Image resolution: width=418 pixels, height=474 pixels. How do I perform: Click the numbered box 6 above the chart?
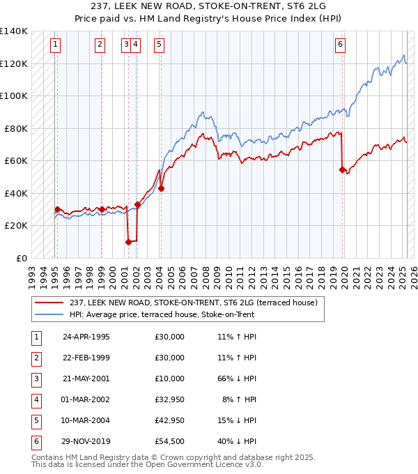340,45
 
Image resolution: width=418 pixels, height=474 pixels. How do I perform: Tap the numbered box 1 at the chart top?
55,45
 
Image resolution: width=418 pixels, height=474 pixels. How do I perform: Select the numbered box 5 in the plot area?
160,45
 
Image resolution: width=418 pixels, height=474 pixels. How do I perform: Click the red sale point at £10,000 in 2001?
128,242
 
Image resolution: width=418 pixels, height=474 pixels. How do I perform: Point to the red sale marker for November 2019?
342,169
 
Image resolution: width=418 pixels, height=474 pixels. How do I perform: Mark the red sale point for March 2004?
161,188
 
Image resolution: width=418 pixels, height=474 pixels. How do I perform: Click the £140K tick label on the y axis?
14,31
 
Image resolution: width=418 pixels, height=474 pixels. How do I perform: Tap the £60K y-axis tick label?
16,160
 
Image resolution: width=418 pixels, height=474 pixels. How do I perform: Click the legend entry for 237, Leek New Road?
193,303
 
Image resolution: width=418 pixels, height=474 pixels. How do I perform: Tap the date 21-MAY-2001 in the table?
86,379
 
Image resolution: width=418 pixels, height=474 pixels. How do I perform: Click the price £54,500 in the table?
170,441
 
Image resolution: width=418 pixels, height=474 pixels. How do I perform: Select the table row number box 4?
35,399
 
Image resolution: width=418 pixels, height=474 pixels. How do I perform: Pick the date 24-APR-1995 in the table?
86,337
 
